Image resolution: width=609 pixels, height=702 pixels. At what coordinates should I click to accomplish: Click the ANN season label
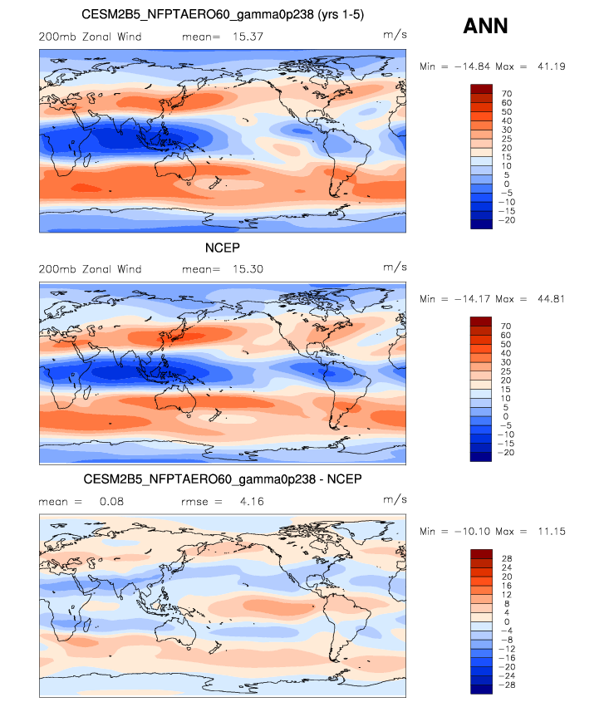point(485,27)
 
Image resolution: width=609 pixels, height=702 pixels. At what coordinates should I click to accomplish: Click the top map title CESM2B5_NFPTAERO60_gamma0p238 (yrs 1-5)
point(223,15)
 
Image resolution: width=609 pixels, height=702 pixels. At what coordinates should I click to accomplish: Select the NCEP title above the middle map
point(223,248)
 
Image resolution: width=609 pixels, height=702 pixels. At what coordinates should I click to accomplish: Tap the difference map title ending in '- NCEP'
point(223,480)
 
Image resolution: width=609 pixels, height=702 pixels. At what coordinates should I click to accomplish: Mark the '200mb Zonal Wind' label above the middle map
point(91,269)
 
